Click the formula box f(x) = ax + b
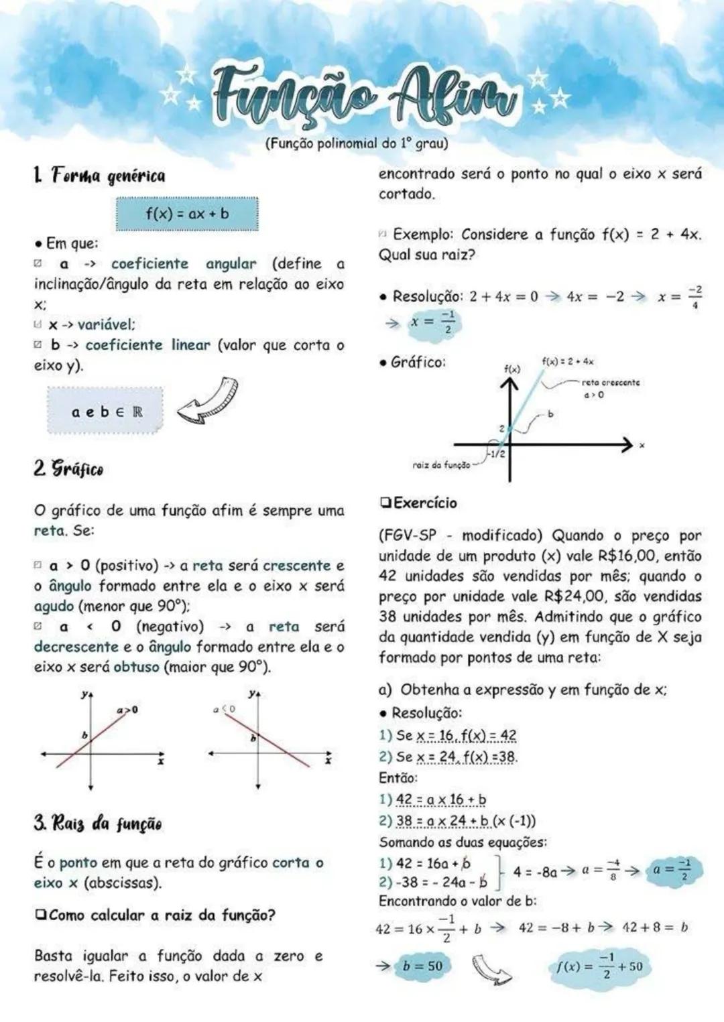pyautogui.click(x=187, y=214)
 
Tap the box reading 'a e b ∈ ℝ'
pyautogui.click(x=106, y=411)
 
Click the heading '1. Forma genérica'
pyautogui.click(x=99, y=176)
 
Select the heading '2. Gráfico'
pyautogui.click(x=69, y=468)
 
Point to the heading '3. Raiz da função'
pyautogui.click(x=98, y=822)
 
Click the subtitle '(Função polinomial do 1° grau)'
pyautogui.click(x=356, y=143)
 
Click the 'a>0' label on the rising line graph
pyautogui.click(x=127, y=709)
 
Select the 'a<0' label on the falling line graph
pyautogui.click(x=225, y=708)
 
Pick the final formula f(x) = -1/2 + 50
pyautogui.click(x=599, y=966)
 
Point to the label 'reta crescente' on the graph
pyautogui.click(x=610, y=382)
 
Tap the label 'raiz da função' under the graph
pyautogui.click(x=441, y=464)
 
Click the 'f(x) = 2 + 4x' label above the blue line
pyautogui.click(x=568, y=361)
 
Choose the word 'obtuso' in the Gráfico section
pyautogui.click(x=136, y=667)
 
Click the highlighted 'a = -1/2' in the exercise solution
pyautogui.click(x=672, y=870)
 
